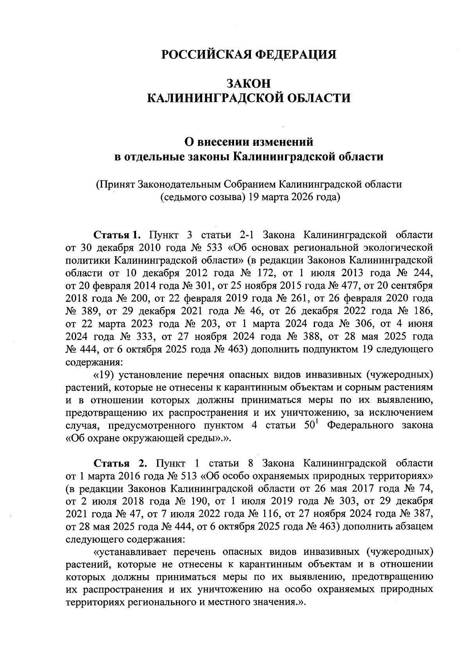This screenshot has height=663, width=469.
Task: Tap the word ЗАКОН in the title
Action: click(249, 83)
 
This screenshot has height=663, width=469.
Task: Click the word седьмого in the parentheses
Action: click(184, 197)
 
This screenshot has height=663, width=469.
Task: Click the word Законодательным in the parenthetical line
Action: click(177, 185)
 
